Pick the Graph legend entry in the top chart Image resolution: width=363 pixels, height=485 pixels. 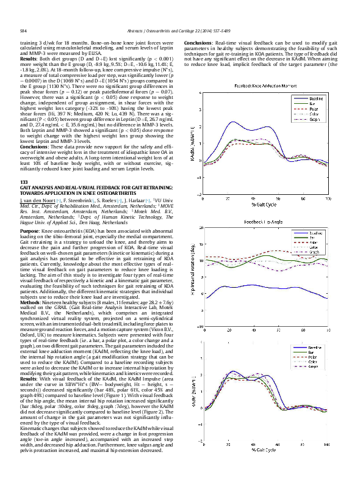[x=315, y=120]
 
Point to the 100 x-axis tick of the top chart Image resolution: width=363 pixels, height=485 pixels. [x=328, y=199]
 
